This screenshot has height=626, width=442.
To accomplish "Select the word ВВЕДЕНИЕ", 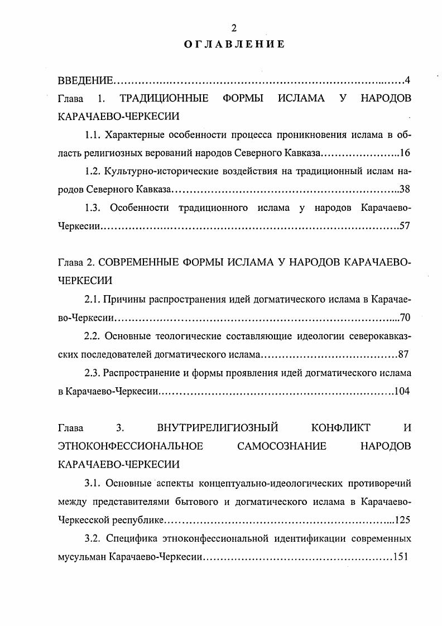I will [85, 81].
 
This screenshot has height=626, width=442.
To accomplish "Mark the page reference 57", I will [405, 226].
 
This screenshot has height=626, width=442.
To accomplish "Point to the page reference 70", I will [405, 318].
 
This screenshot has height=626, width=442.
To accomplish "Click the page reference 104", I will [402, 391].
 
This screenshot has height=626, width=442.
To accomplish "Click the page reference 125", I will [402, 519].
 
